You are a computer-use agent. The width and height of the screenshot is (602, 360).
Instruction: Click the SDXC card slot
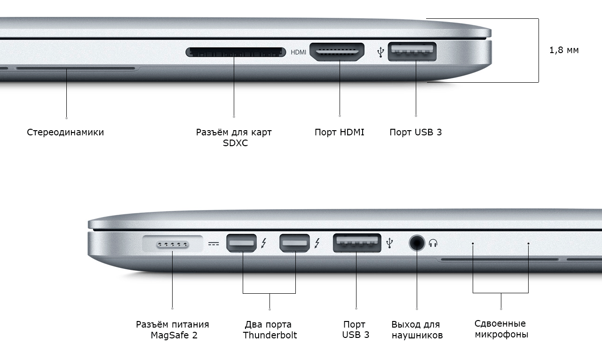tap(236, 52)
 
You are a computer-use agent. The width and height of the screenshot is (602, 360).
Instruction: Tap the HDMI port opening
tap(337, 52)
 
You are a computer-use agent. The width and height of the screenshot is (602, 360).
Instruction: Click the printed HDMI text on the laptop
tap(298, 52)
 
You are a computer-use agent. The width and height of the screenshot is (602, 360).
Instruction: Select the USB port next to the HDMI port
tap(412, 51)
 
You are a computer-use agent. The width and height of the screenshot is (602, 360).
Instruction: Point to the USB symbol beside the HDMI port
tap(380, 52)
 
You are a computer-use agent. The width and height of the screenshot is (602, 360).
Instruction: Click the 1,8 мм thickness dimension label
tap(564, 50)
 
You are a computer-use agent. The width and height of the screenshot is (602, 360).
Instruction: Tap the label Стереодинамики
tap(65, 132)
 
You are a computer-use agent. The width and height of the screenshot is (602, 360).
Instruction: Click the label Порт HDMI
tap(340, 132)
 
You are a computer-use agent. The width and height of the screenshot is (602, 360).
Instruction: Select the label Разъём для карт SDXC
tap(234, 137)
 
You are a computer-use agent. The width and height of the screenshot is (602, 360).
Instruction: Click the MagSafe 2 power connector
tap(173, 244)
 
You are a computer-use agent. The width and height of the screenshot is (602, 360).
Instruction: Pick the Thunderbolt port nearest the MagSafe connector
tap(241, 243)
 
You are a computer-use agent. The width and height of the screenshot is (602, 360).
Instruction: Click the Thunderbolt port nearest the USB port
tap(294, 243)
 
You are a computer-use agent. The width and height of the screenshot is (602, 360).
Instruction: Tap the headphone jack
tap(417, 243)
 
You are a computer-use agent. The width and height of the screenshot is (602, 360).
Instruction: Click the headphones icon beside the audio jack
tap(433, 243)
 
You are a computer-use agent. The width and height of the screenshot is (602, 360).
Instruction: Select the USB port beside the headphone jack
tap(357, 243)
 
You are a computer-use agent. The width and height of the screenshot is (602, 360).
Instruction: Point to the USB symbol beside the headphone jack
tap(389, 243)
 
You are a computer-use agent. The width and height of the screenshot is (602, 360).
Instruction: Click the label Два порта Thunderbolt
tap(269, 330)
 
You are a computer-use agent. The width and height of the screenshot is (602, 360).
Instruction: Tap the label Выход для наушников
tap(417, 330)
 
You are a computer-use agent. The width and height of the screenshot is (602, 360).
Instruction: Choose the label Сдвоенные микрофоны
tap(501, 329)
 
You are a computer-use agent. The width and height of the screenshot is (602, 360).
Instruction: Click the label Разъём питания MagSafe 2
tap(173, 330)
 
